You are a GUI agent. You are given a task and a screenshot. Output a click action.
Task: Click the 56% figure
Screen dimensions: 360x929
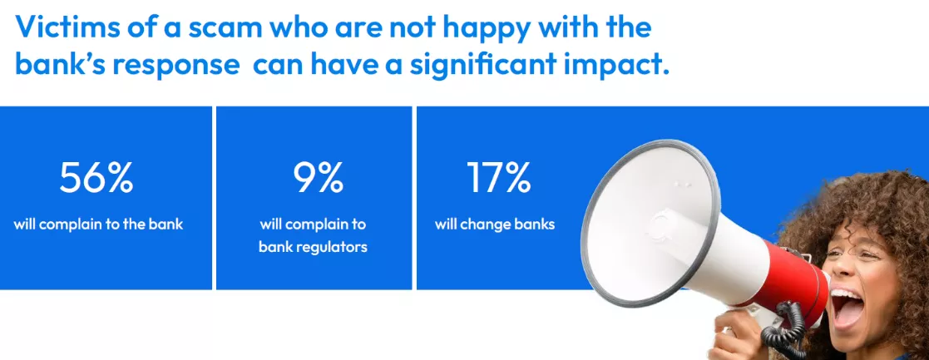coord(96,177)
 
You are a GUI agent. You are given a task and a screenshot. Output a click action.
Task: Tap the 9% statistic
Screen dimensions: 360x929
coord(318,177)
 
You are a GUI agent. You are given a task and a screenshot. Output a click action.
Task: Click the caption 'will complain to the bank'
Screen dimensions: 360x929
coord(98,224)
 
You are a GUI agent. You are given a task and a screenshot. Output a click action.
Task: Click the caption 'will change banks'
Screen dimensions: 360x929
coord(494,224)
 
